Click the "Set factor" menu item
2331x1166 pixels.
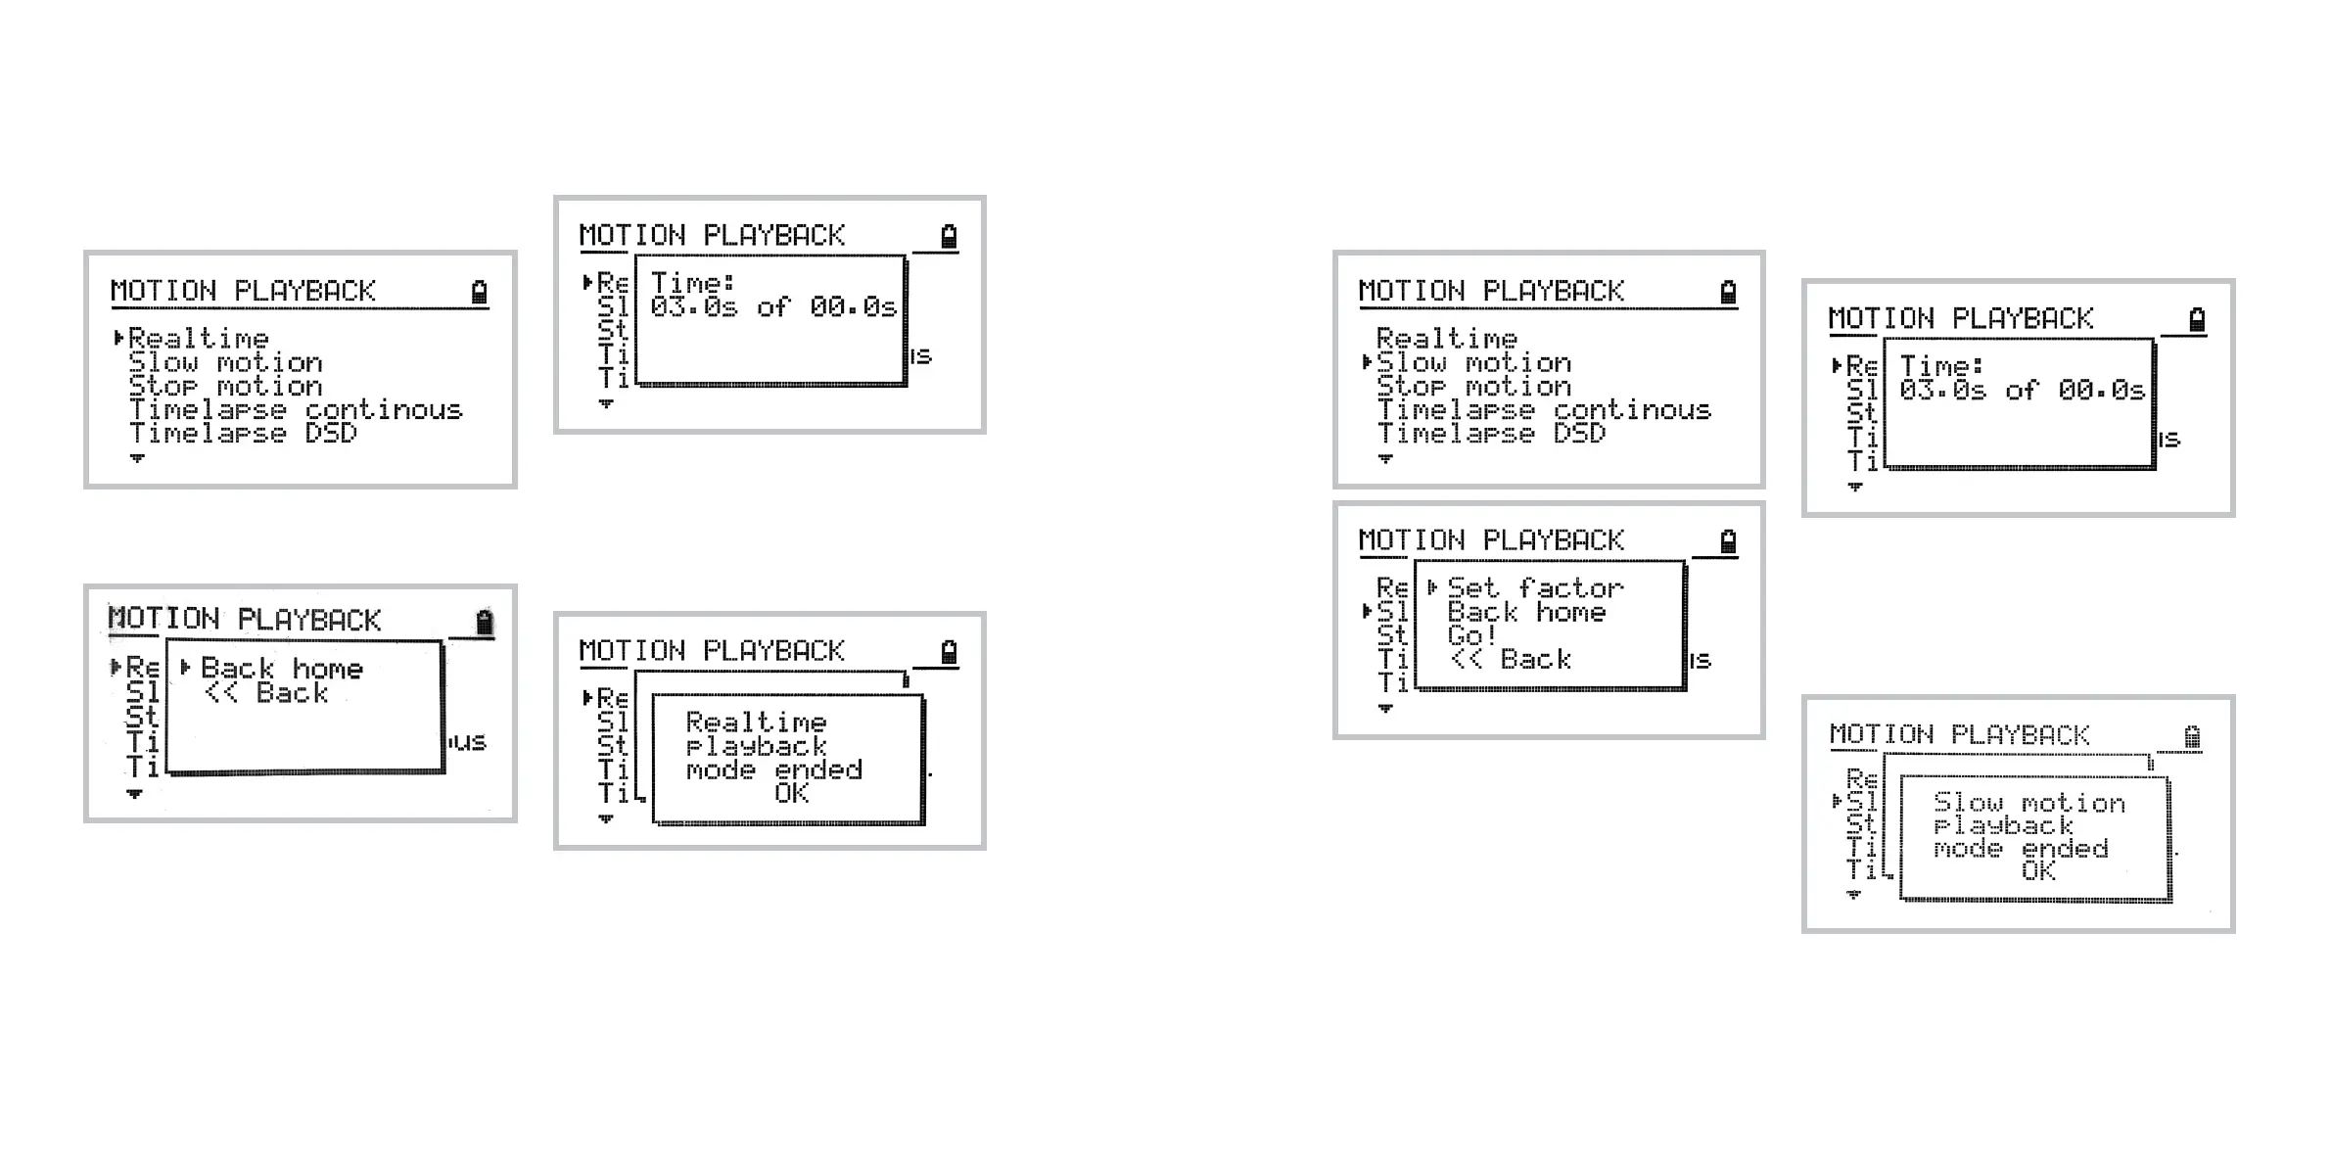pos(1534,588)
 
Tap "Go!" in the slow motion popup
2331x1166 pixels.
pos(1470,635)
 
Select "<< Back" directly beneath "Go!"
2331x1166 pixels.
pos(1511,660)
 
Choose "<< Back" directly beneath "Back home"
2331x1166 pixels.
pos(266,693)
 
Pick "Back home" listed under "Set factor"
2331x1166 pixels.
pos(1525,613)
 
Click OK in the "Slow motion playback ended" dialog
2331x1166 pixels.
pos(2038,871)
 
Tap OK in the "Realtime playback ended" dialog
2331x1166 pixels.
pos(791,793)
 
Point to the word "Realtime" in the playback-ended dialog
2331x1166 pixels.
pos(756,723)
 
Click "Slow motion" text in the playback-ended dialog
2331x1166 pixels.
pos(2028,804)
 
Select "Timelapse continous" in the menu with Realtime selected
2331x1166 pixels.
pos(295,410)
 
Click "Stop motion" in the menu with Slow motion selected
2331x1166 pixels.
pos(1472,387)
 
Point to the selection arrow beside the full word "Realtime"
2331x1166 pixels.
pos(118,339)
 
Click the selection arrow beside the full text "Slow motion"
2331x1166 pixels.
pos(1367,362)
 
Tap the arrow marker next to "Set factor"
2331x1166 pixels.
pos(1432,587)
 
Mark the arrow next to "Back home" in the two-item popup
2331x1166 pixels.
pos(185,668)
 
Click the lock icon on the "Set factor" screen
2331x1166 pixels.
pos(1728,541)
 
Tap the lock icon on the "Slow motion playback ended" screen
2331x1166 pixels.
pos(2192,736)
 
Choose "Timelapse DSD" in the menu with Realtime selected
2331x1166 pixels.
pos(243,434)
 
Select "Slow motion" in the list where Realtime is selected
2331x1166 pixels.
pos(224,363)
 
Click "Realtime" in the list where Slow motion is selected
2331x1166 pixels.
pos(1446,339)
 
